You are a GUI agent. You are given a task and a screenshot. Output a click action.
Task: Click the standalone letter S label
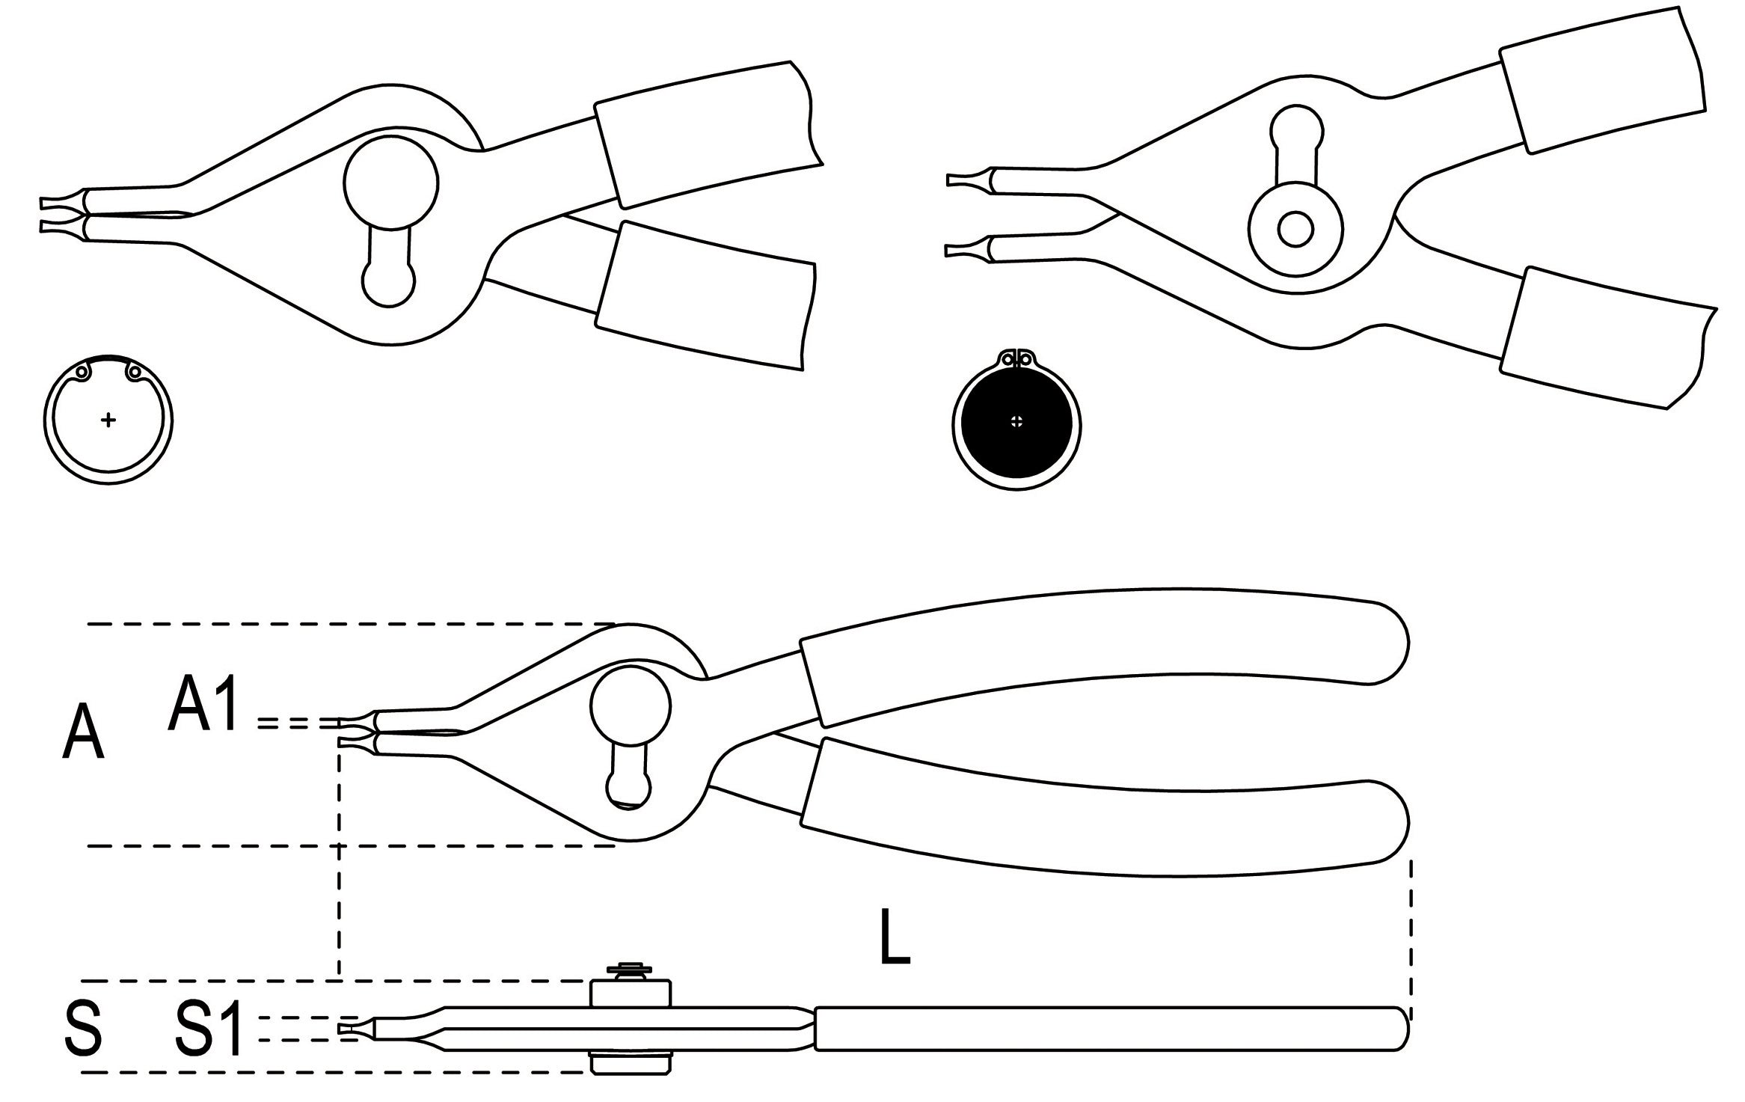tap(83, 1030)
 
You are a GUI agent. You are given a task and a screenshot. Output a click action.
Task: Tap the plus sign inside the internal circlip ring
tap(108, 420)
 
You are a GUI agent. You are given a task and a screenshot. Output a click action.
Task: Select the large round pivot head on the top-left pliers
tap(391, 184)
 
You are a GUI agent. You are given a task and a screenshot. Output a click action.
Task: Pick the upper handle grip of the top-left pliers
tap(707, 135)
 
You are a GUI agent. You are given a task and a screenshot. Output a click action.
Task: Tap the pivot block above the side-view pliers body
tap(630, 991)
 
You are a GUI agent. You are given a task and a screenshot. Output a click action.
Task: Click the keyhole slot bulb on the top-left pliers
tap(388, 282)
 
